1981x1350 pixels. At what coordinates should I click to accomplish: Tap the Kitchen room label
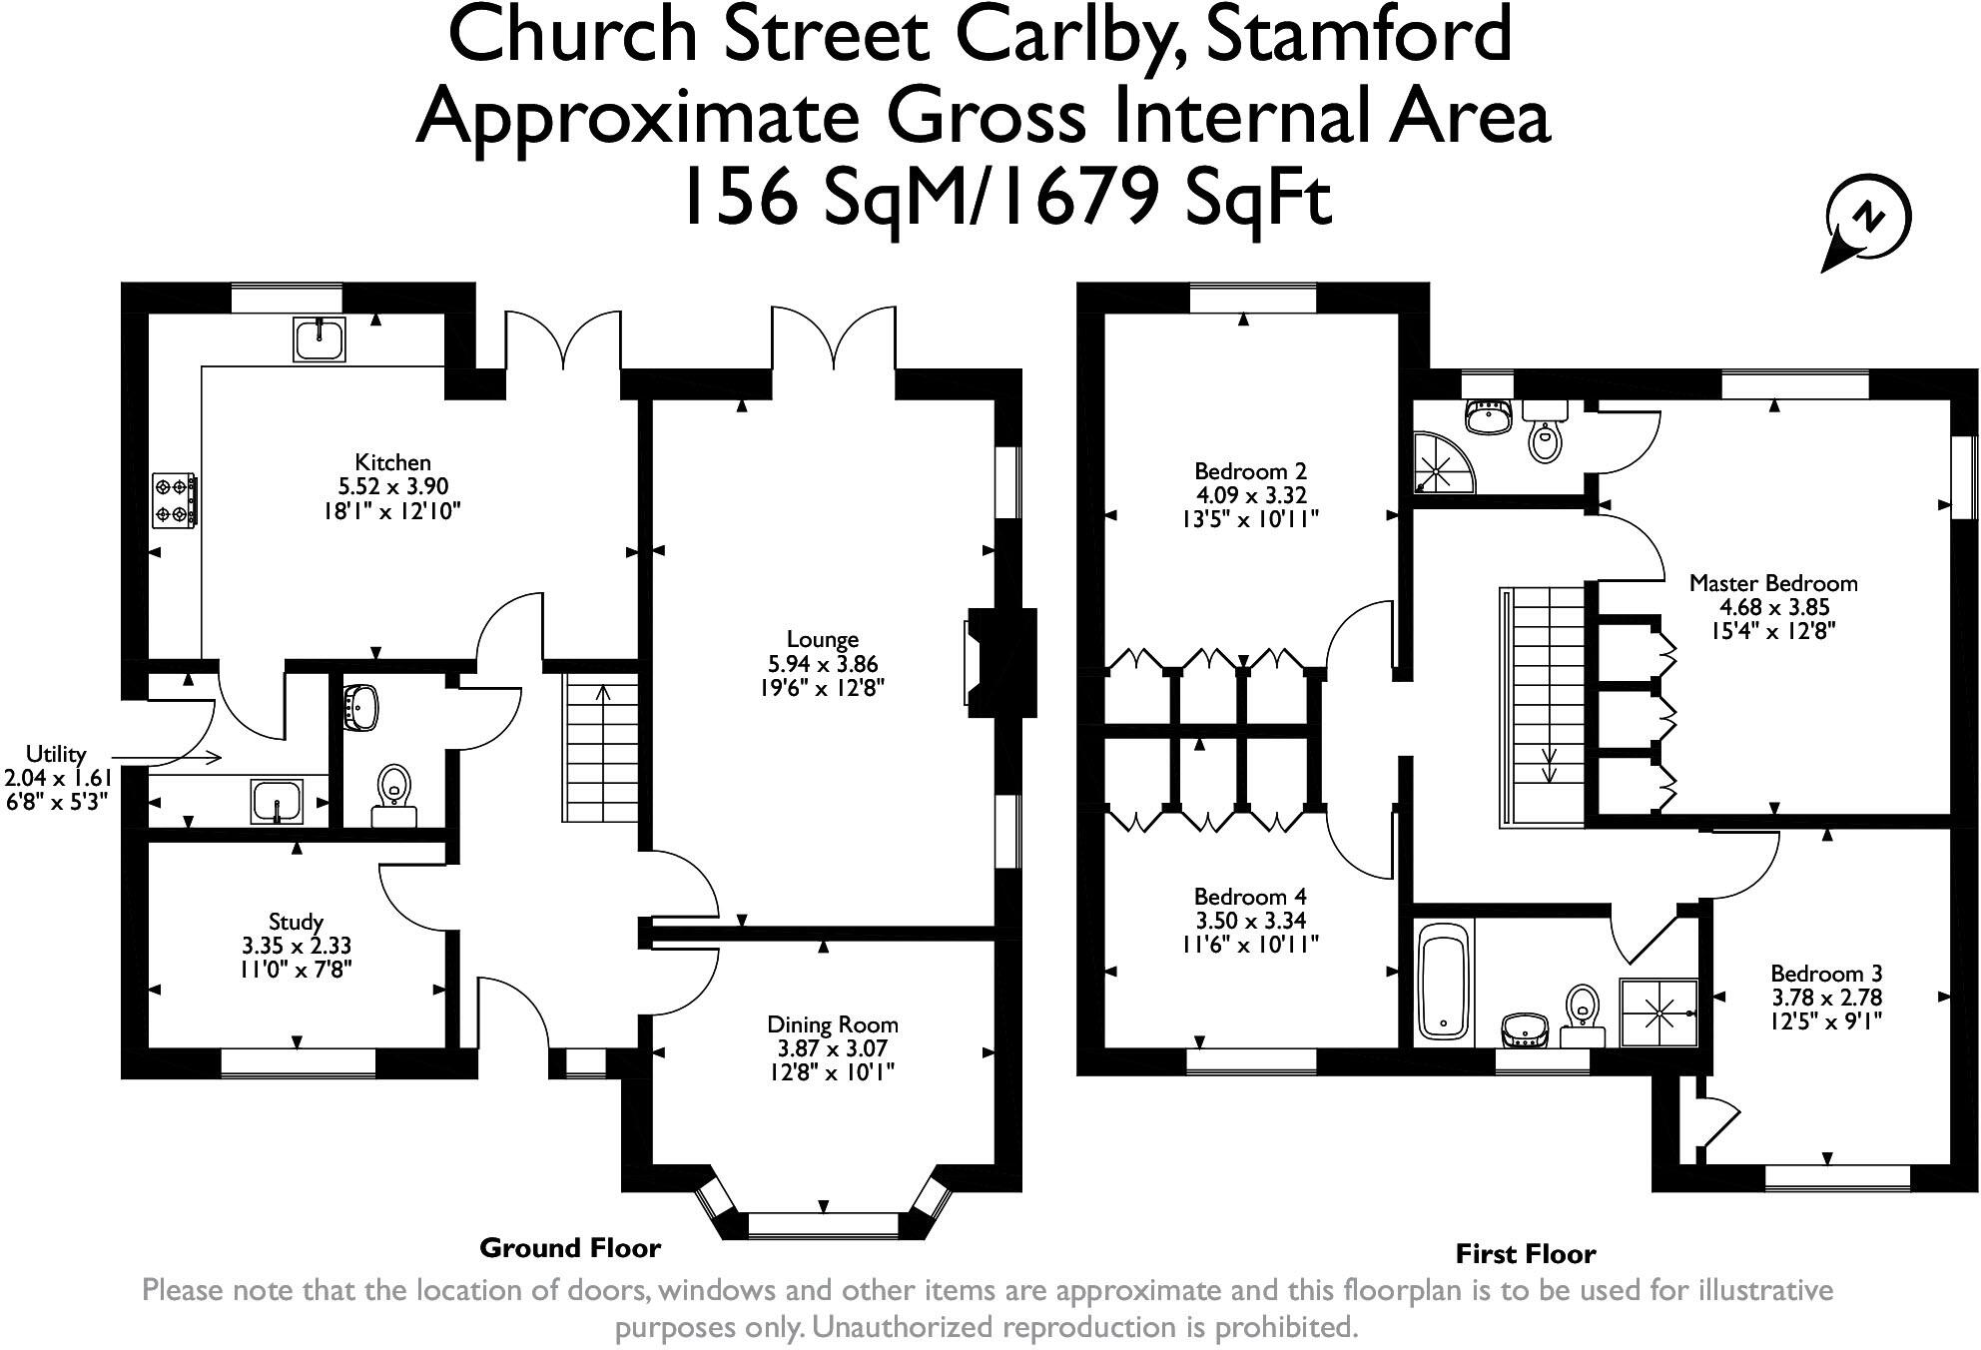(393, 462)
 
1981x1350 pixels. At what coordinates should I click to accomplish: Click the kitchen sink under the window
(320, 339)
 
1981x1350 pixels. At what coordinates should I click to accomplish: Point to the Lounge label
(823, 640)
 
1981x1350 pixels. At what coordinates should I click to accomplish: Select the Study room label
(296, 922)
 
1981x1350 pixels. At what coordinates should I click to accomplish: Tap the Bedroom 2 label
(1250, 471)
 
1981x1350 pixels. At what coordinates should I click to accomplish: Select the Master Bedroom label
(1773, 583)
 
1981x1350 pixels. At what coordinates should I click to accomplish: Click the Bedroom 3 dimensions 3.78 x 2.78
(1826, 998)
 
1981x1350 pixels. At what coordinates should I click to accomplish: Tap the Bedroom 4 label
(1250, 897)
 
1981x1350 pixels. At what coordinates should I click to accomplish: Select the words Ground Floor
(570, 1247)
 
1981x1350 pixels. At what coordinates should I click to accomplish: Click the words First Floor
(1526, 1254)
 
